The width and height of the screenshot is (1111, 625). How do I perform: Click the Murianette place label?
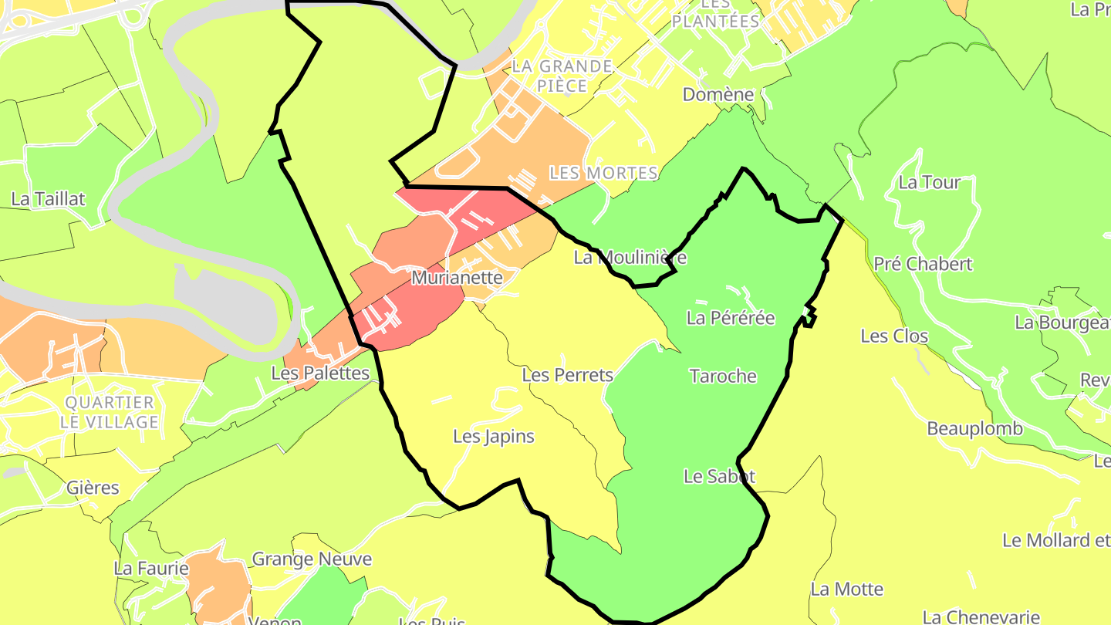(x=457, y=278)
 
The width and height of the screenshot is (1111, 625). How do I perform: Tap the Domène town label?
(x=718, y=95)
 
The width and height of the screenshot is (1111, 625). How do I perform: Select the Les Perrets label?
(x=567, y=376)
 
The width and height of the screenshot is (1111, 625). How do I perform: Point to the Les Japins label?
(x=494, y=437)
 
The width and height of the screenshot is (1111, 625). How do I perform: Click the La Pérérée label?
(x=730, y=318)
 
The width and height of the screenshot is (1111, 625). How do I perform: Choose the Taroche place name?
(x=723, y=377)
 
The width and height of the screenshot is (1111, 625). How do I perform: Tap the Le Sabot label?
(x=719, y=477)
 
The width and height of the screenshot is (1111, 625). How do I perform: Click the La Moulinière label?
(x=630, y=258)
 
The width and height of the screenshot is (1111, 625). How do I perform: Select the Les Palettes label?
(x=320, y=373)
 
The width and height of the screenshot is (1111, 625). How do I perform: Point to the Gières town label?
(x=93, y=488)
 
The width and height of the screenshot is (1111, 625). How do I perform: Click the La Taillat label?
(x=48, y=199)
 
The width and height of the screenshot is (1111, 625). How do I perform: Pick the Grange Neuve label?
(x=312, y=559)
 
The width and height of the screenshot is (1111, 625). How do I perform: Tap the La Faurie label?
(x=151, y=569)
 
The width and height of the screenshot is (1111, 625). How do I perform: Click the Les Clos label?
(x=894, y=336)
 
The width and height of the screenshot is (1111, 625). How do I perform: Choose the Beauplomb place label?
(x=974, y=429)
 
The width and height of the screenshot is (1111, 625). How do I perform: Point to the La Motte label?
(x=846, y=590)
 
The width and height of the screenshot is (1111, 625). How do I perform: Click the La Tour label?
(x=929, y=183)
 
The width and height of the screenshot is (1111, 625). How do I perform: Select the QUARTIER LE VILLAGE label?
(x=110, y=412)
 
